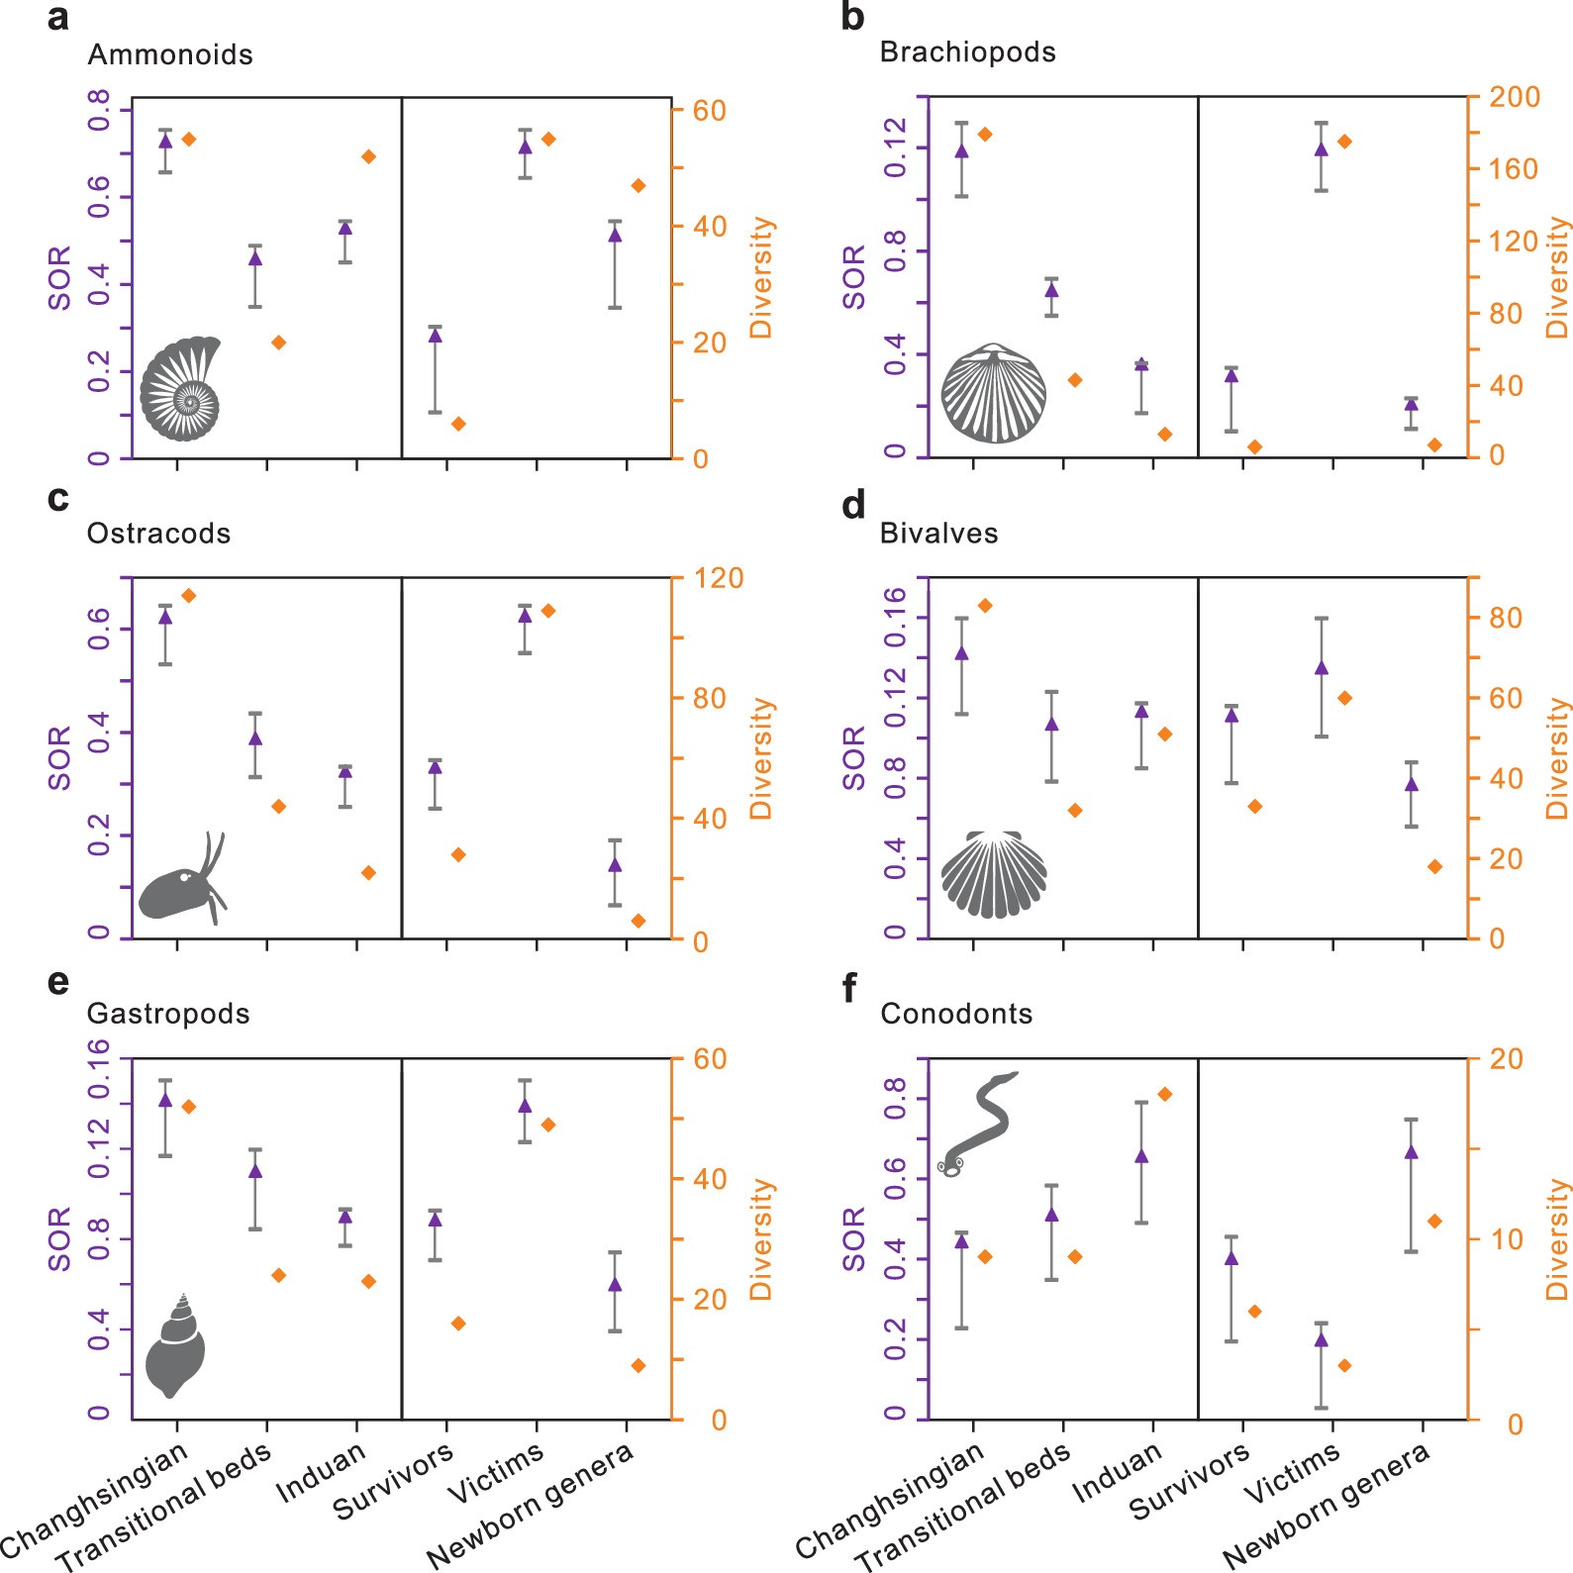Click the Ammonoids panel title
coord(170,54)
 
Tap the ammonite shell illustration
coord(180,389)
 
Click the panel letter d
coord(852,505)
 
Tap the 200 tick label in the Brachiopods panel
coord(1516,97)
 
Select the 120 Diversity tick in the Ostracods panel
coord(718,578)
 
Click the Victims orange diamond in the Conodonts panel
coord(1344,1365)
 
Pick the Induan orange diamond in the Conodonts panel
coord(1164,1094)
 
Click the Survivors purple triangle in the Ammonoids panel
coord(435,336)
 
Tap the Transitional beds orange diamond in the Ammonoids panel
coord(278,343)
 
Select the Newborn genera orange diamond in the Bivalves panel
coord(1434,866)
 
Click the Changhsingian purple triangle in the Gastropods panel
coord(165,1099)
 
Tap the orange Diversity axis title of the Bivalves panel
coord(1557,758)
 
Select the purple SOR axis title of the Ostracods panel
coord(60,758)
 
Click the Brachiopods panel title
coord(967,52)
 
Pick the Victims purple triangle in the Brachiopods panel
coord(1321,149)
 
